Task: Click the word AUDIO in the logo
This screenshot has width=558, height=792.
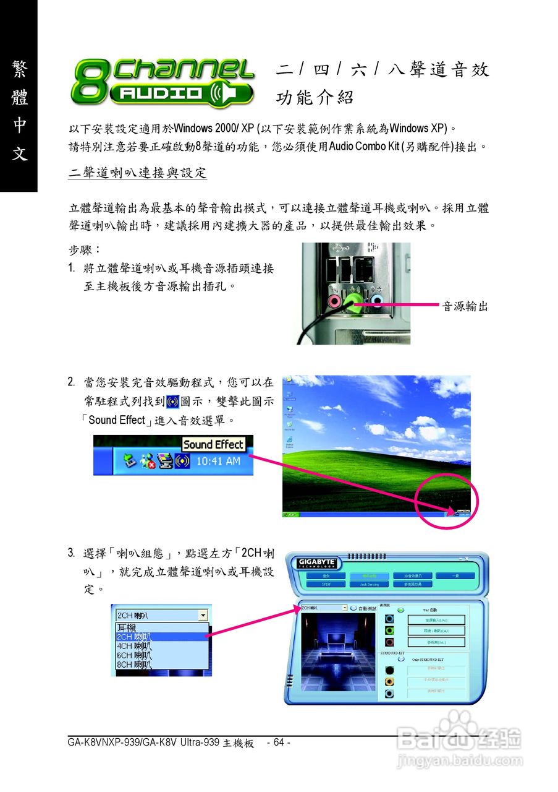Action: click(159, 94)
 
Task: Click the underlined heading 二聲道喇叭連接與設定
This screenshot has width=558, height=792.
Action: click(137, 173)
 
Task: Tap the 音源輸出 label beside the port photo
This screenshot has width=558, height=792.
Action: click(465, 306)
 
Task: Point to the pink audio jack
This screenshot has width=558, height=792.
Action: click(334, 301)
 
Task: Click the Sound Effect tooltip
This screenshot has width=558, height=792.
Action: click(214, 444)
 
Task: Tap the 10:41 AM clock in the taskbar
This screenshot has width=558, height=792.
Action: click(218, 461)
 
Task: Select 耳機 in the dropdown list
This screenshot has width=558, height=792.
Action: click(127, 627)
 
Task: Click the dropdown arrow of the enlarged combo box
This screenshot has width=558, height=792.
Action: click(203, 616)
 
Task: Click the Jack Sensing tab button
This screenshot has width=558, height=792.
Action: click(370, 583)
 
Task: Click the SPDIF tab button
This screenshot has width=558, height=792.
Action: click(325, 583)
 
